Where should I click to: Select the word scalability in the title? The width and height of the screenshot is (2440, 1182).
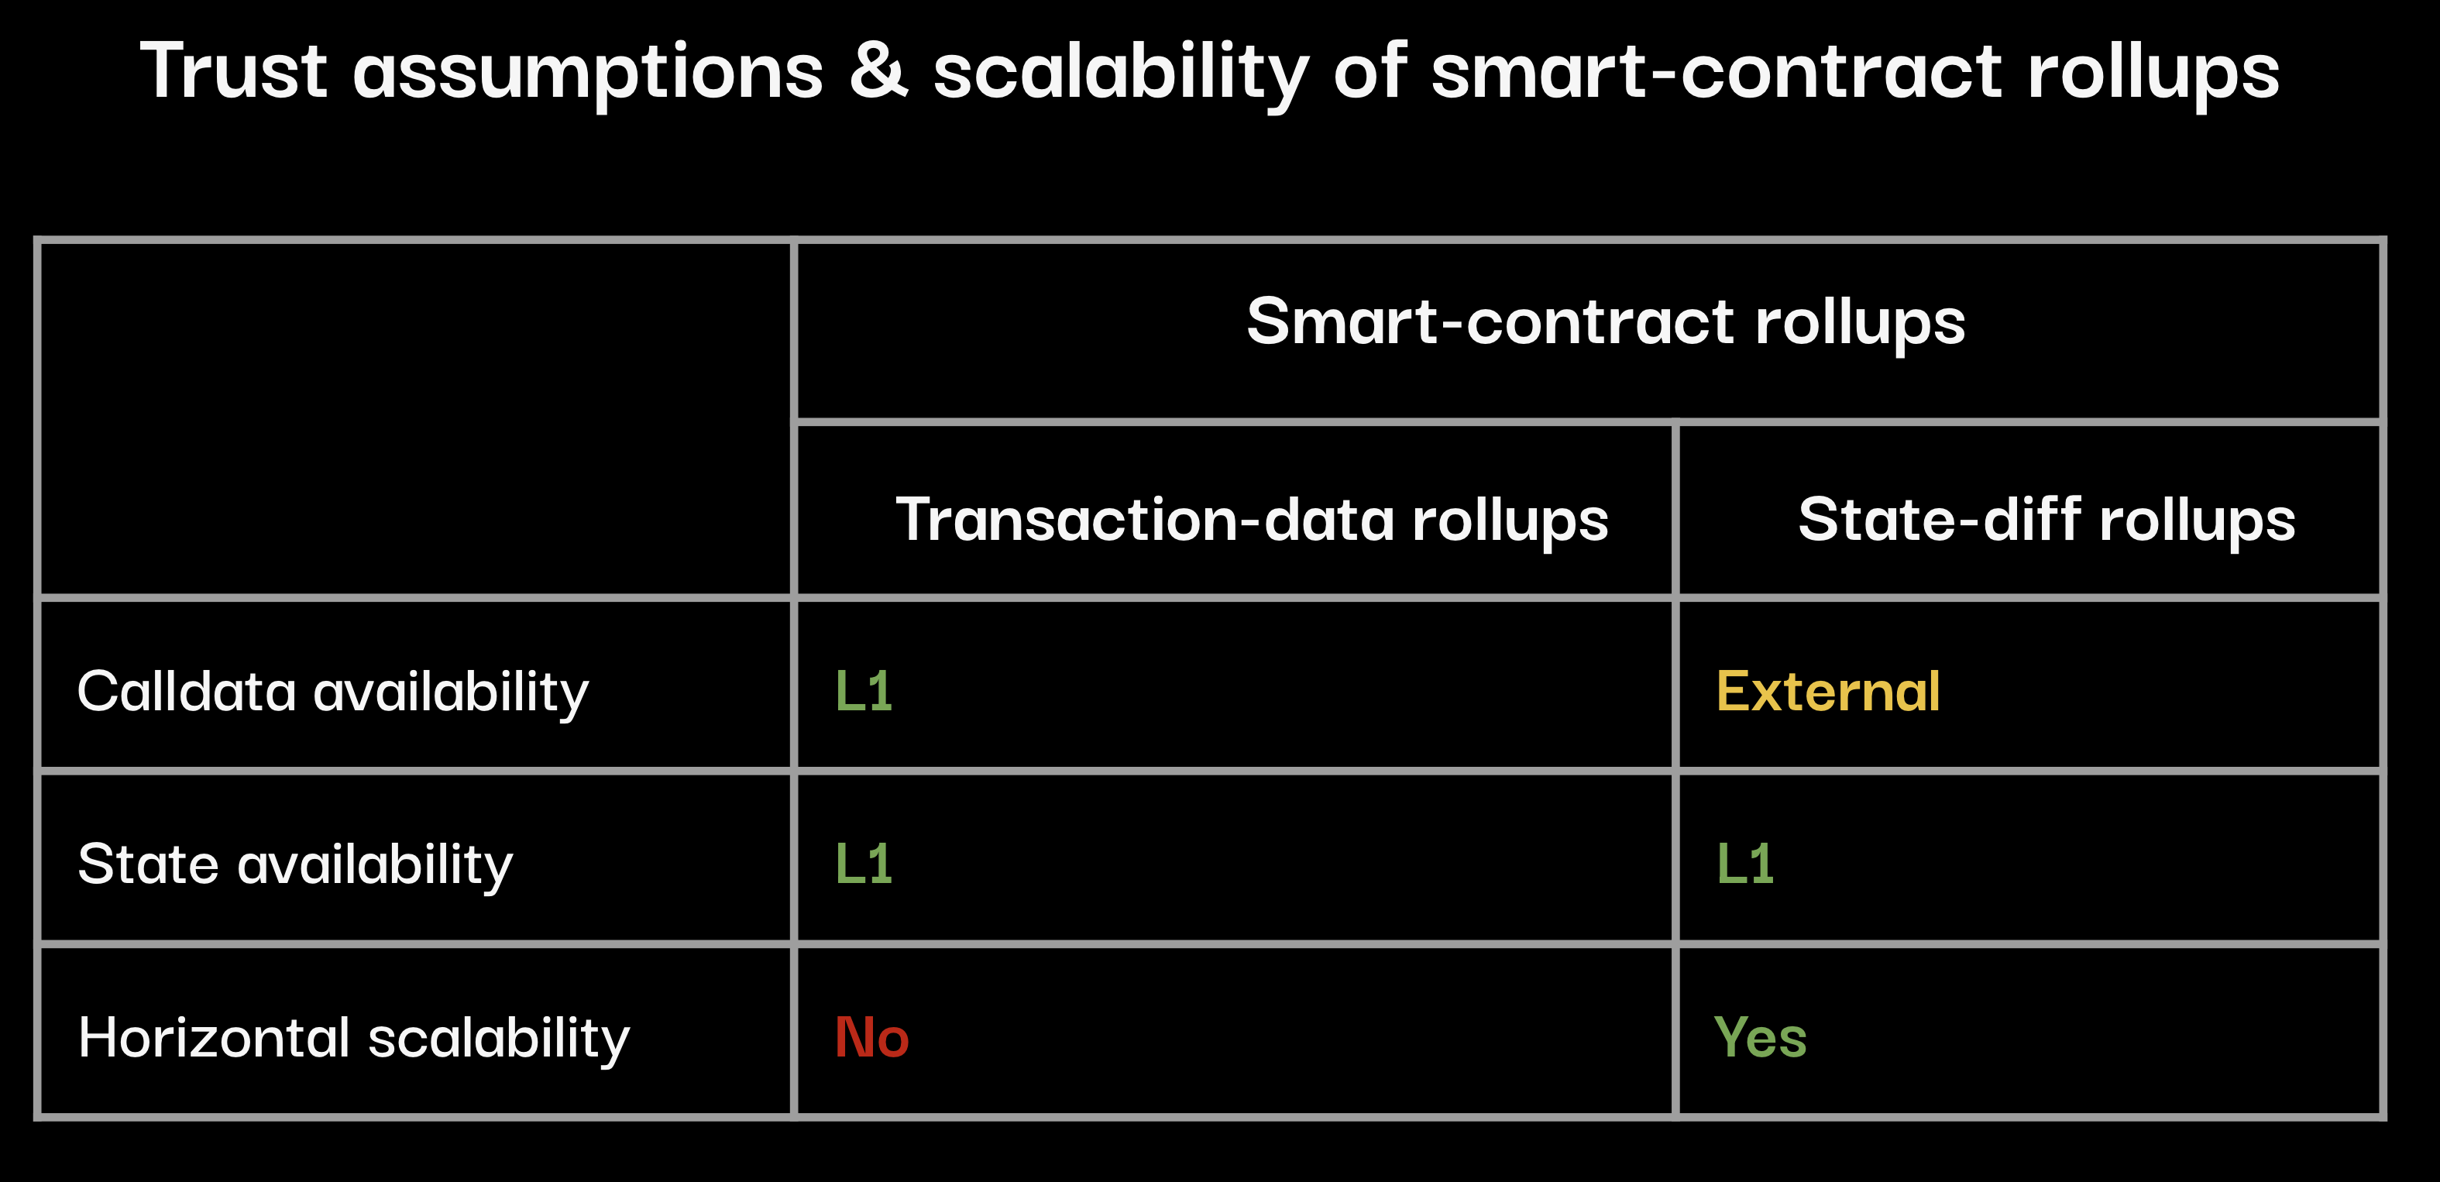tap(1121, 74)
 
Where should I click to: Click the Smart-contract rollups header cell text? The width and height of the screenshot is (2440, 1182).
tap(1606, 322)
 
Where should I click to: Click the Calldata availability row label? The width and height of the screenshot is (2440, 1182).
tap(332, 692)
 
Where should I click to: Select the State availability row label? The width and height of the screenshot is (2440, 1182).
tap(294, 864)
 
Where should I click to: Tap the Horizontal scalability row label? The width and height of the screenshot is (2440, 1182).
tap(353, 1038)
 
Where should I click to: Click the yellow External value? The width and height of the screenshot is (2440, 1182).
tap(1828, 692)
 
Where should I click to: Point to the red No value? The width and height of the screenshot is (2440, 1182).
tap(871, 1037)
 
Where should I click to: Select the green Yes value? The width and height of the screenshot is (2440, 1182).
tap(1761, 1037)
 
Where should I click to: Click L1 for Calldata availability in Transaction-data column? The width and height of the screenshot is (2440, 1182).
tap(864, 692)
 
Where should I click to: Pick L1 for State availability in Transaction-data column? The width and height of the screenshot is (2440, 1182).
tap(864, 864)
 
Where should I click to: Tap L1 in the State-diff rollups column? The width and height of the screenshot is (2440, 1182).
tap(1744, 864)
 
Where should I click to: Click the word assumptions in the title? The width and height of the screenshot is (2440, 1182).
tap(588, 74)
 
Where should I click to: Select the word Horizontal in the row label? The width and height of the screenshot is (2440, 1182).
tap(214, 1037)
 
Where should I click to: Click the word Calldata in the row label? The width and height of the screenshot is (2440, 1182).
tap(187, 692)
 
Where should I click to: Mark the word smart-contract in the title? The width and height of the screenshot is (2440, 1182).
tap(1717, 71)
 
